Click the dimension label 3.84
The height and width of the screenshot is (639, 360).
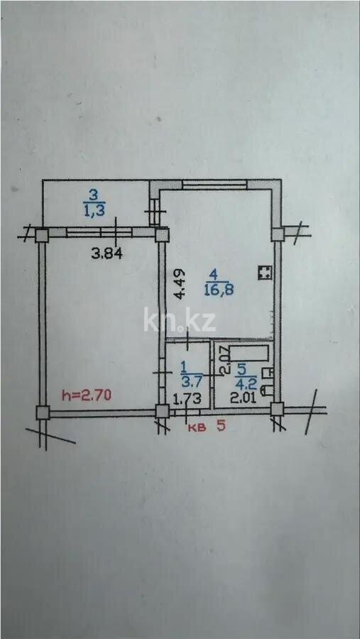(x=106, y=254)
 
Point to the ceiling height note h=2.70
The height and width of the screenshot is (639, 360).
(x=86, y=395)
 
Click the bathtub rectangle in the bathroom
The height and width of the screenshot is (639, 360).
(x=249, y=353)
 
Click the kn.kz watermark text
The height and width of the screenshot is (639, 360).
(x=180, y=320)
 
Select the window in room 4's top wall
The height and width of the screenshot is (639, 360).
(x=215, y=185)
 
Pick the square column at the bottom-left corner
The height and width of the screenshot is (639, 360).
(x=42, y=413)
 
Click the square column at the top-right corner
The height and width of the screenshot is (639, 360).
(x=278, y=235)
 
